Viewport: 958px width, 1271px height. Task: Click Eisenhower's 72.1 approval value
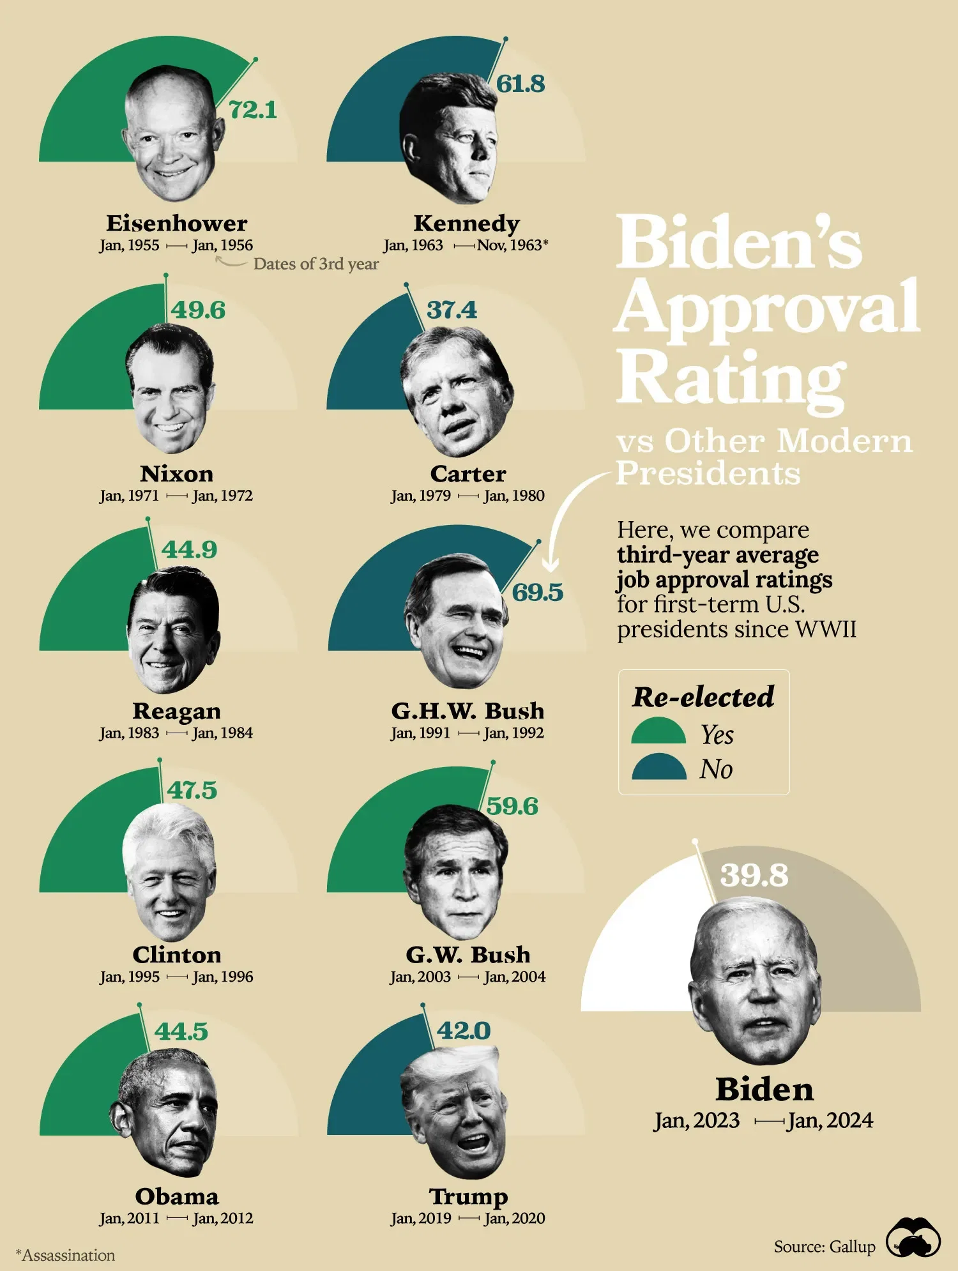(x=253, y=110)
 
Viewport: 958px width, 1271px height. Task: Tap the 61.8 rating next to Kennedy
(x=521, y=84)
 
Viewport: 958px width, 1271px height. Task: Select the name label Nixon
(x=177, y=474)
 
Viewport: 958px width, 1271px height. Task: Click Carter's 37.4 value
(x=452, y=310)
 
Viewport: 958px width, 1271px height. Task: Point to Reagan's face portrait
(x=172, y=629)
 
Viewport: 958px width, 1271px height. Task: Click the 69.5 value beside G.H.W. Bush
(x=537, y=592)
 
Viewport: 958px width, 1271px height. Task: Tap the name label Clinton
(x=177, y=955)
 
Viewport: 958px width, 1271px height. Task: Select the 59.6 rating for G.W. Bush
(x=512, y=806)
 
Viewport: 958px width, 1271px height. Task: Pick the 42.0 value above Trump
(x=464, y=1030)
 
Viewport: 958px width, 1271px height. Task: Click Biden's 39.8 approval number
(x=754, y=875)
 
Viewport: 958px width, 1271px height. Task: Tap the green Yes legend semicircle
(x=658, y=732)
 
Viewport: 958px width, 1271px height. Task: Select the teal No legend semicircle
(x=658, y=768)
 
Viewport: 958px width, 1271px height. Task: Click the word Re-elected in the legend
(x=703, y=697)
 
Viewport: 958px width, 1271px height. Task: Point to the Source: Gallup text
(x=824, y=1247)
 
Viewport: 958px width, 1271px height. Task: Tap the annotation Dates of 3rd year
(x=316, y=264)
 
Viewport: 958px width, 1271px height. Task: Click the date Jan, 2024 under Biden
(x=830, y=1120)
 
